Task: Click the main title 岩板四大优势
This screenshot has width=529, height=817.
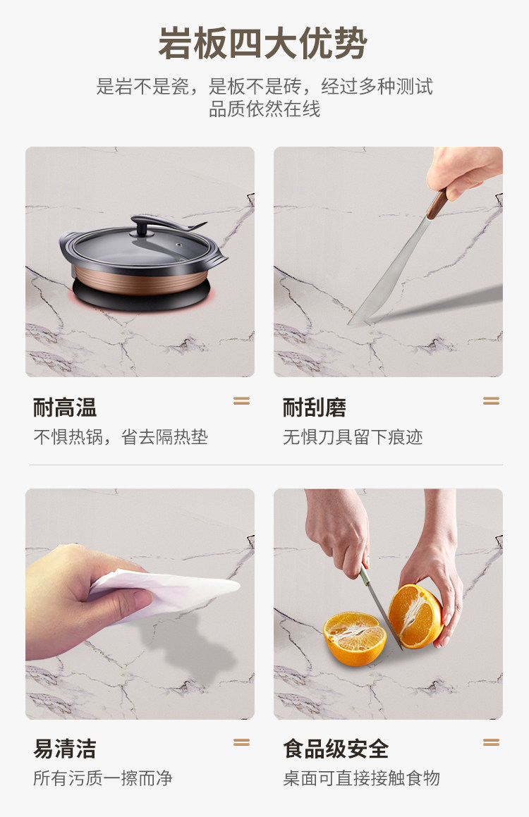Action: point(263,43)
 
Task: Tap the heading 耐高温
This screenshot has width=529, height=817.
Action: point(65,407)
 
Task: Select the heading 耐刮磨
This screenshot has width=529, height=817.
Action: point(315,407)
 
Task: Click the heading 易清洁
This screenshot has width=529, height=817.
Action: point(65,749)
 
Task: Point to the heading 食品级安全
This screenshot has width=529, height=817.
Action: point(336,749)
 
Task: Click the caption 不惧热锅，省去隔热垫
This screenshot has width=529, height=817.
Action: point(121,436)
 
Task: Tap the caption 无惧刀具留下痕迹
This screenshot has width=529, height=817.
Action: point(353,436)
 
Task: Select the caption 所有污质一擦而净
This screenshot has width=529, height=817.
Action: point(103,778)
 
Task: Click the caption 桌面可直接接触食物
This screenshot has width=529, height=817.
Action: point(361,778)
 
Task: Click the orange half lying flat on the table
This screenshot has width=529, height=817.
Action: point(354,638)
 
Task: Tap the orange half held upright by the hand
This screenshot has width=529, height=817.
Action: point(415,616)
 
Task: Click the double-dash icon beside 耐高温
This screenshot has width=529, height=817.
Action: point(241,400)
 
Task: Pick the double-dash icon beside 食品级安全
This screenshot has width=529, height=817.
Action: point(491,742)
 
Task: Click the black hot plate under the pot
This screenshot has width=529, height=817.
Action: point(141,295)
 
